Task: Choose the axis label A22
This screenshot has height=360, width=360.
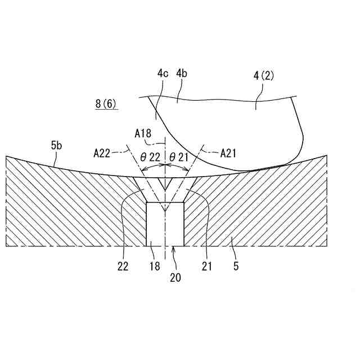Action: (x=103, y=152)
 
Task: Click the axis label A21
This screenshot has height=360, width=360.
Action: (x=229, y=152)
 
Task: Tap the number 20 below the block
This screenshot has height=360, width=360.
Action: (x=175, y=277)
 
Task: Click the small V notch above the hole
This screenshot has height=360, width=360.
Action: (x=165, y=183)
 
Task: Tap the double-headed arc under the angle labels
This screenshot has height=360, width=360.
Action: (x=165, y=167)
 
